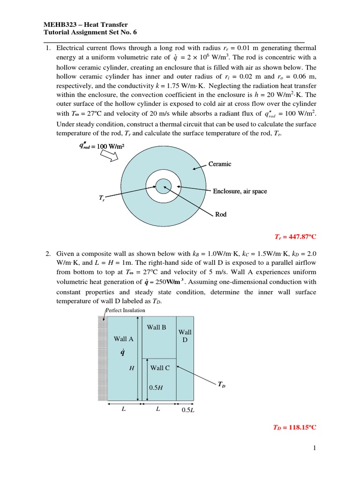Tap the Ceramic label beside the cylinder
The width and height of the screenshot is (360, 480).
(222, 164)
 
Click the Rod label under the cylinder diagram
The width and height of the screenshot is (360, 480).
(220, 214)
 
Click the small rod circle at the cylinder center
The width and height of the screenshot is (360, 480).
(164, 186)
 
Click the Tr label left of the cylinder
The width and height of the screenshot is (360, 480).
(102, 199)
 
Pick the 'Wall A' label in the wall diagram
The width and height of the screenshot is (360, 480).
(124, 338)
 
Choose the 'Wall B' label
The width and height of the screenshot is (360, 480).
(157, 327)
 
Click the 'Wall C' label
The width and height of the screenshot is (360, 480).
(160, 368)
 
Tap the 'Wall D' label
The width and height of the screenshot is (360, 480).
(185, 336)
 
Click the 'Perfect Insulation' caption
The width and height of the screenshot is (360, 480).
(125, 310)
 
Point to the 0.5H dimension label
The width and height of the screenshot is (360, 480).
(156, 388)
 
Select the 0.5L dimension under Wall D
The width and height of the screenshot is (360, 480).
(187, 410)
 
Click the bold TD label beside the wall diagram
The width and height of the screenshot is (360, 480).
(221, 385)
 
